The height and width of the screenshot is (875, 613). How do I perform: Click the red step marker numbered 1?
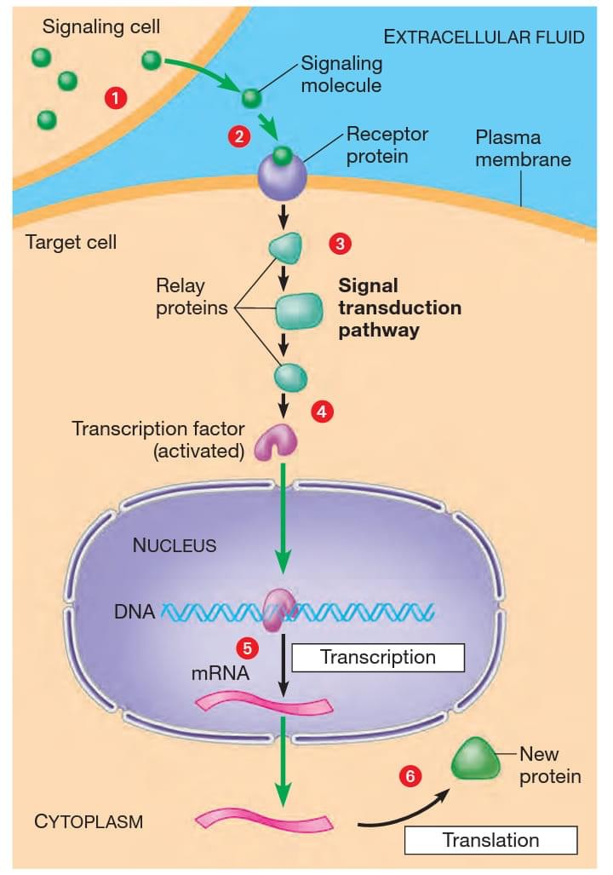coord(115,98)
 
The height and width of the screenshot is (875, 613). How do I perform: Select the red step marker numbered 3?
coord(340,244)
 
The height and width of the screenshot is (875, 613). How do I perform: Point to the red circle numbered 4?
coord(321,411)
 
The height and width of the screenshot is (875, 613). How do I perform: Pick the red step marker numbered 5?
coord(248,648)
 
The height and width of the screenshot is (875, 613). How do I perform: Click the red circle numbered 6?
coord(411,776)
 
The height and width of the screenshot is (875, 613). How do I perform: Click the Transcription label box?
coord(378,658)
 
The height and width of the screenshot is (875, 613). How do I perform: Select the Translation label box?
coord(490,840)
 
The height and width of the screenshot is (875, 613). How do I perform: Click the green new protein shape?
coord(476,757)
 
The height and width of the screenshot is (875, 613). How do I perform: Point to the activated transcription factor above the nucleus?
coord(278,441)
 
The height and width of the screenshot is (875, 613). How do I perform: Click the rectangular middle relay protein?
coord(299,311)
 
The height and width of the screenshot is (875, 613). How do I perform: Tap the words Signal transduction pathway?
coord(399,308)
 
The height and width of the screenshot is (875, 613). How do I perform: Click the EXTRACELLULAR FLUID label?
coord(484,37)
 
